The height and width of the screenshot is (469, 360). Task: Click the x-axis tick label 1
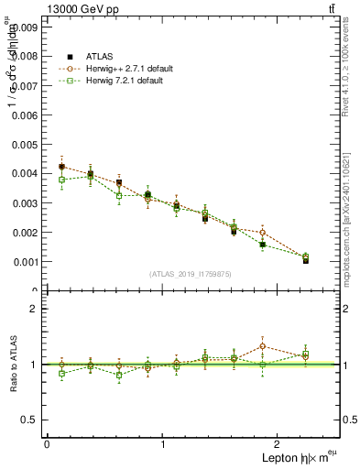click(163, 444)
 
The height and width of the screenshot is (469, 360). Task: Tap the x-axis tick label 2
click(279, 444)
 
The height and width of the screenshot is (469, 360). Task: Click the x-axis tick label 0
click(47, 444)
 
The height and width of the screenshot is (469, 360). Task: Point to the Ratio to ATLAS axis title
click(11, 364)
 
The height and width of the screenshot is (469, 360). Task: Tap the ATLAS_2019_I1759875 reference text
click(191, 274)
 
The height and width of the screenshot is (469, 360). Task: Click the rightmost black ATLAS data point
click(306, 260)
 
